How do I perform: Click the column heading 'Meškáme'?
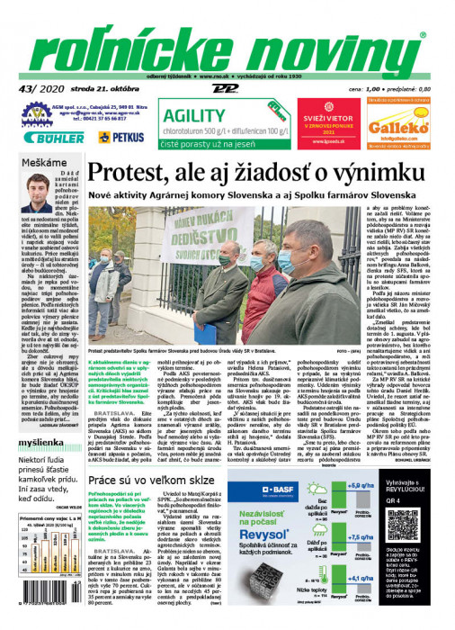(x=44, y=162)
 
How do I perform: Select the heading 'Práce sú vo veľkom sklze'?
(x=162, y=482)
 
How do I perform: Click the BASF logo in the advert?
(x=288, y=491)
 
